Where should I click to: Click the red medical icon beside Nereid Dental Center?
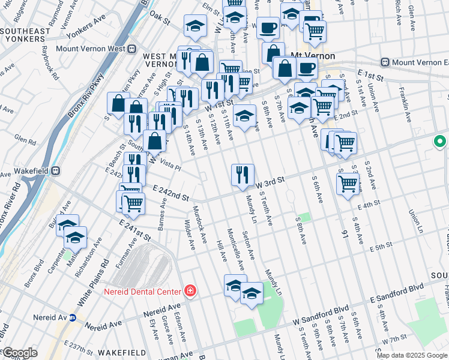tap(190, 291)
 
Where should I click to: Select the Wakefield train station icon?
tap(55, 170)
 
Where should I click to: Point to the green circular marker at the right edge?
tap(439, 142)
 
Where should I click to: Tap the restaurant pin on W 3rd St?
tap(243, 175)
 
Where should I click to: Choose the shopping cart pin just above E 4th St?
tap(348, 184)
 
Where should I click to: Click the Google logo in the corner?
tap(19, 353)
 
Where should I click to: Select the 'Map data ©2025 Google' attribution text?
tap(412, 355)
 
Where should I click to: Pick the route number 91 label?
tap(345, 232)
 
